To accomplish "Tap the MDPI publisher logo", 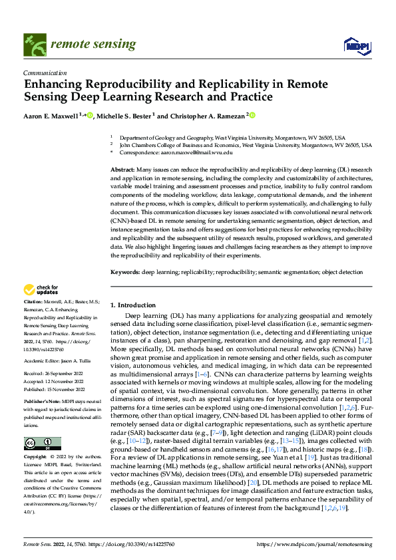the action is [354, 45].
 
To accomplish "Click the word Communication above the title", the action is [45, 73].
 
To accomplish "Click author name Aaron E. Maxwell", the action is [51, 115].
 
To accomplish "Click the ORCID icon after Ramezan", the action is [252, 115].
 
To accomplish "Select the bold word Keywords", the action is [124, 272].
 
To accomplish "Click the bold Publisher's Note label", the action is [40, 402].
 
